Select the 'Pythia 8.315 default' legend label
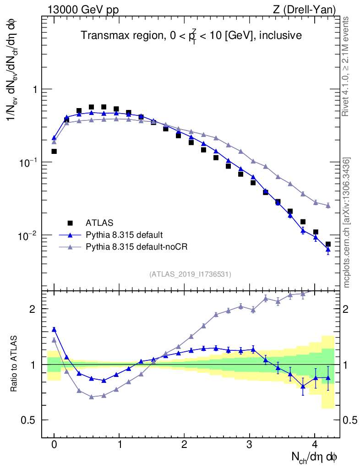tap(124, 235)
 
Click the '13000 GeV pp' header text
tap(83, 10)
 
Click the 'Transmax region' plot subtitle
tap(191, 35)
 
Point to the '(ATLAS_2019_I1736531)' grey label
tap(190, 274)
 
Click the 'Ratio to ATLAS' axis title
tap(14, 364)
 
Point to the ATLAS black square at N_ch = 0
tap(54, 151)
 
